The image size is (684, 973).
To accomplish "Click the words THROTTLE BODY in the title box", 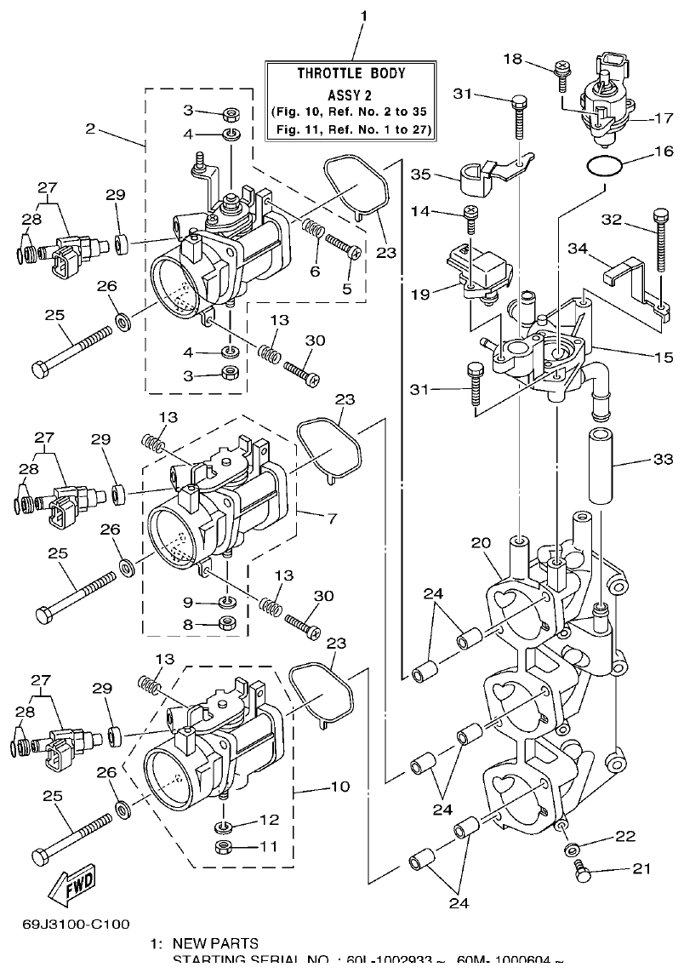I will (351, 73).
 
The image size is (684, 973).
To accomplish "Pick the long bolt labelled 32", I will (661, 255).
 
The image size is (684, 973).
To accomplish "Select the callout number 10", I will (339, 787).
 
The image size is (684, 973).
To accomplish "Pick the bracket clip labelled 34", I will (622, 272).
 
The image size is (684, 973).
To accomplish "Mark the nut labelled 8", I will (227, 625).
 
